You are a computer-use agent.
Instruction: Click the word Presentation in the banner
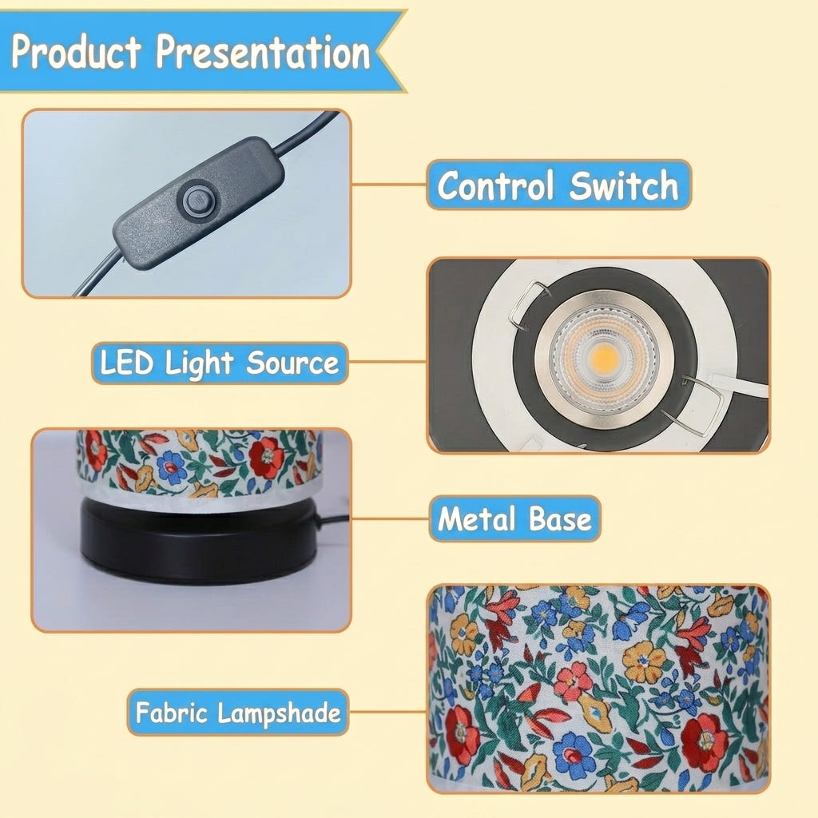(x=264, y=51)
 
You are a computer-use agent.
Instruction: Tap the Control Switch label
(x=558, y=185)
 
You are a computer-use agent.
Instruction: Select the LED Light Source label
(x=220, y=363)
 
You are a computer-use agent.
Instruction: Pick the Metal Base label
(x=515, y=518)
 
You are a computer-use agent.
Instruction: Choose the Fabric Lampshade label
(x=238, y=712)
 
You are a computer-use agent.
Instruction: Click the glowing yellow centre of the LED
(x=606, y=357)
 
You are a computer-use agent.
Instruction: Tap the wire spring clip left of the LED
(x=527, y=305)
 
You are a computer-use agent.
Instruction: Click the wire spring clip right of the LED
(x=699, y=401)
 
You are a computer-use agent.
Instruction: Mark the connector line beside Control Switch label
(x=389, y=185)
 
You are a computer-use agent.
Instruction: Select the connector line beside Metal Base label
(x=391, y=518)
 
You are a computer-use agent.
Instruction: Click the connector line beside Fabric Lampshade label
(x=387, y=712)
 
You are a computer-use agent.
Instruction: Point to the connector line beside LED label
(x=387, y=361)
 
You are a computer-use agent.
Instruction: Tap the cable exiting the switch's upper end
(x=305, y=133)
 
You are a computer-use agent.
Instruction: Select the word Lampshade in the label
(x=279, y=713)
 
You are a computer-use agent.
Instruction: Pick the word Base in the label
(x=560, y=519)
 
